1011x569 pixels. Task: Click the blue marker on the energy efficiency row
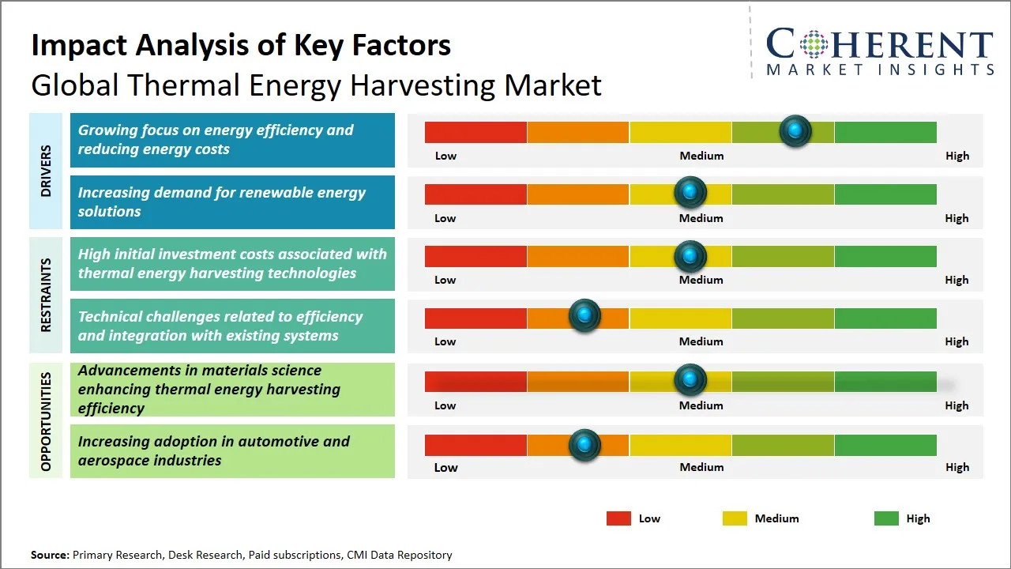point(795,130)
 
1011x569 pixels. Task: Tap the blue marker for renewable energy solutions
point(690,192)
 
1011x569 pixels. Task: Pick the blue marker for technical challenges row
point(584,316)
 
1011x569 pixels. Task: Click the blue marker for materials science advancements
point(690,380)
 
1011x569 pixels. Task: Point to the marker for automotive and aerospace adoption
point(584,445)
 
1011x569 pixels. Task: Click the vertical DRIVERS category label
point(46,171)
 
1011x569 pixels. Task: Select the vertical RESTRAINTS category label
point(46,295)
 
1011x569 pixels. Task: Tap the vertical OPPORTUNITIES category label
point(46,421)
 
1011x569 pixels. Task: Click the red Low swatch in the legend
point(618,518)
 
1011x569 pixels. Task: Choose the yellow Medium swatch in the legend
point(735,518)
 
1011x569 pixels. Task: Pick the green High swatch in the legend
point(886,518)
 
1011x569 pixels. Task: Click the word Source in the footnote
point(49,555)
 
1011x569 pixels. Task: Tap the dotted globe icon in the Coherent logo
point(814,44)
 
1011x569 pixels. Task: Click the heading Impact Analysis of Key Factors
point(241,45)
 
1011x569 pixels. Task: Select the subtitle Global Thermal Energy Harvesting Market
point(316,85)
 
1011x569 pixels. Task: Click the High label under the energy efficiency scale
point(957,156)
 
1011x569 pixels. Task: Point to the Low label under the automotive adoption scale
point(445,467)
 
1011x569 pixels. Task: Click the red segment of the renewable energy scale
point(475,194)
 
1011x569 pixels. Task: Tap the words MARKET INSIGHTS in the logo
point(880,70)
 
